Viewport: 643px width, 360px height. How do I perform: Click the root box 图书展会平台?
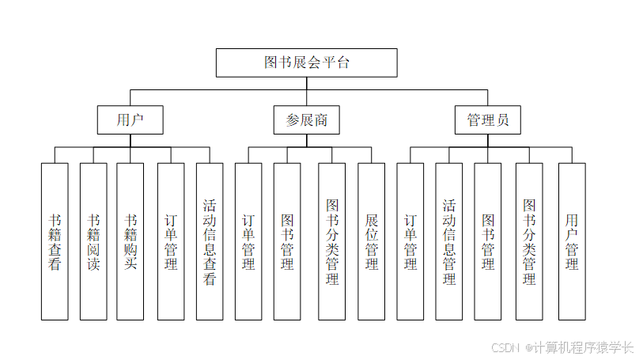306,63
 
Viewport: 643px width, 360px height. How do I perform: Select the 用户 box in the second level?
130,120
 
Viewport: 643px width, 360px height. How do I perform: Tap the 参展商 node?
306,120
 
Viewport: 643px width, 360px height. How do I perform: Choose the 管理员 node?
488,120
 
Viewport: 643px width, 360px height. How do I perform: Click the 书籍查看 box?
55,241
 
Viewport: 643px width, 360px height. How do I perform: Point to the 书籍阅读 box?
93,241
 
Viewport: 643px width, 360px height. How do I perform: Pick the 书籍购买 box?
130,241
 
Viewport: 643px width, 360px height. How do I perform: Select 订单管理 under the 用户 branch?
171,241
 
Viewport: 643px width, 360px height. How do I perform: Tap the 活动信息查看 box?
210,241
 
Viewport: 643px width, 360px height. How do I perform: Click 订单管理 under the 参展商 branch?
248,241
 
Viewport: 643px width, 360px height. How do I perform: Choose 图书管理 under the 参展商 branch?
287,241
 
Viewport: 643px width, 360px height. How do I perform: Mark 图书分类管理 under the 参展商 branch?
332,241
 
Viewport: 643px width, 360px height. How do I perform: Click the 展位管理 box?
372,241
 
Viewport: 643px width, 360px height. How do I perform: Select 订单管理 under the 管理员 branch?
410,241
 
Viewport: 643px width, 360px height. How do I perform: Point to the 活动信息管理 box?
449,241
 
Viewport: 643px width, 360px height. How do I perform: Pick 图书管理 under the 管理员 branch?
488,241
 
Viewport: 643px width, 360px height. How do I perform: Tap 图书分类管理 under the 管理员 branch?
530,241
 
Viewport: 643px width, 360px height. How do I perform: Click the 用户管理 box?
572,241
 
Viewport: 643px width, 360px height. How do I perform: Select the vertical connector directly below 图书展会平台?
306,85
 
